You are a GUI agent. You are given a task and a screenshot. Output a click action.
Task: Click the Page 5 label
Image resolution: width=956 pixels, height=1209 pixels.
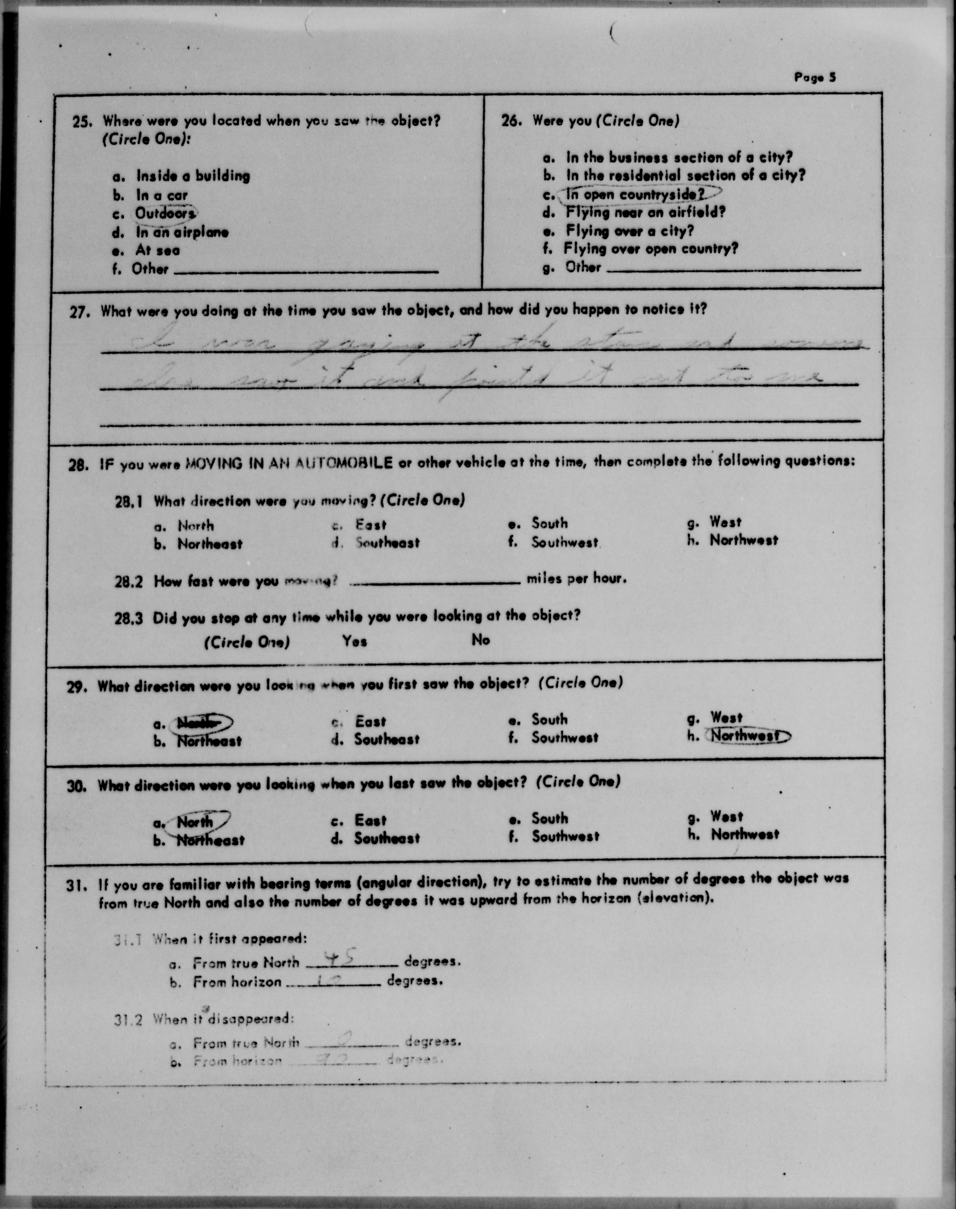(814, 77)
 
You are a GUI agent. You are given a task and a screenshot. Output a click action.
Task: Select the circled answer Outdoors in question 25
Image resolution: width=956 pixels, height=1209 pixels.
(164, 213)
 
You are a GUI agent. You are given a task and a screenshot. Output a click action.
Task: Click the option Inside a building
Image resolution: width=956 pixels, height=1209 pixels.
(193, 176)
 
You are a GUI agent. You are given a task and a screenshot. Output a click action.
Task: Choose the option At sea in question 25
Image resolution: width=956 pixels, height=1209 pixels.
(157, 250)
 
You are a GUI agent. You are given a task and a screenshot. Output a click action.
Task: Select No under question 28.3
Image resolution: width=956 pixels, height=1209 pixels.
(480, 640)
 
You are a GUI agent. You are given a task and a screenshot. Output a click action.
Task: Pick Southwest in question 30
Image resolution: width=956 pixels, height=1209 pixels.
(565, 837)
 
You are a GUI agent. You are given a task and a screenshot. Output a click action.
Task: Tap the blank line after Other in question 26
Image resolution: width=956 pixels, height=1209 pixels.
(733, 269)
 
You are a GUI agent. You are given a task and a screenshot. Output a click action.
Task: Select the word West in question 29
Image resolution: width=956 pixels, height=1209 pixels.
(726, 717)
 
